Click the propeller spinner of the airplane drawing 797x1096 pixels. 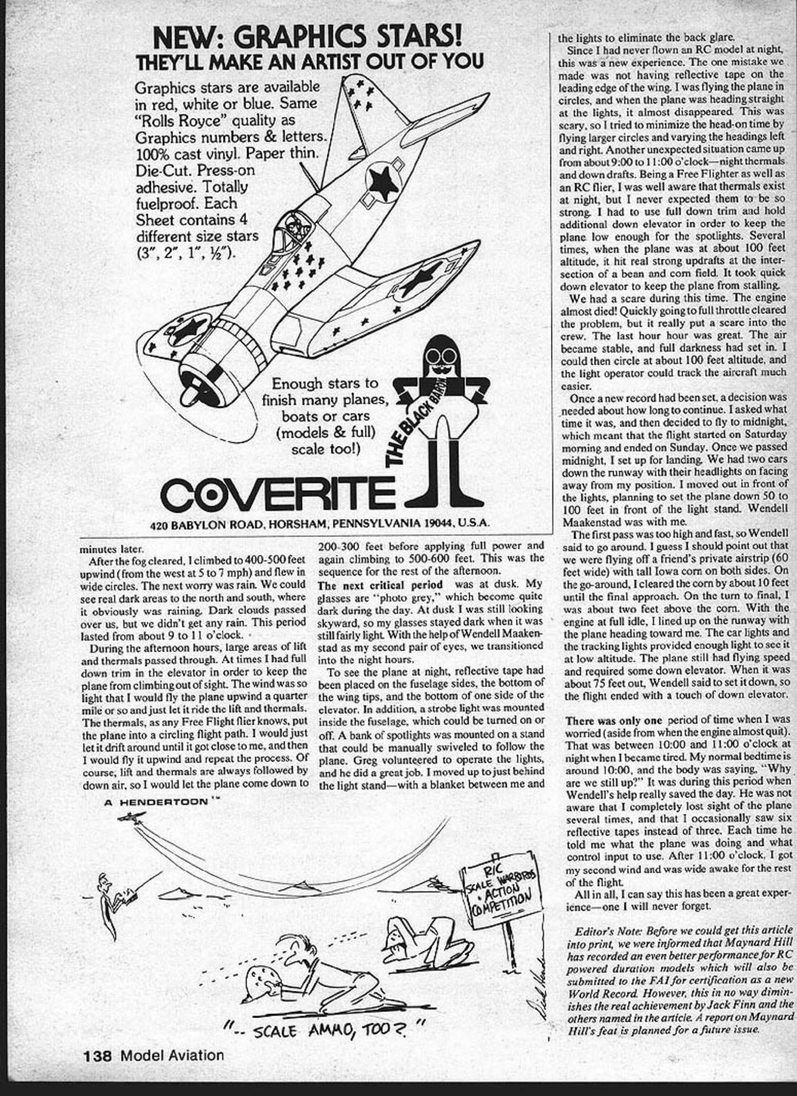191,395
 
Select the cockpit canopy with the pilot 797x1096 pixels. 295,228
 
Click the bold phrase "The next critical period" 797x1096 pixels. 380,585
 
